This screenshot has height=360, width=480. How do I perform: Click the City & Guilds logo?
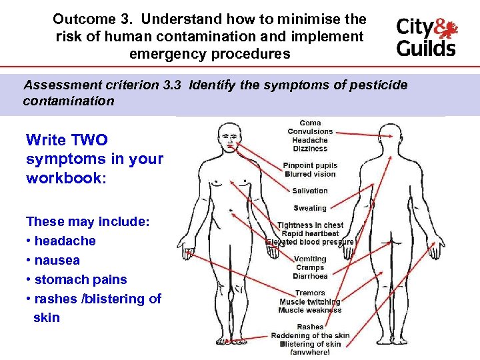(427, 37)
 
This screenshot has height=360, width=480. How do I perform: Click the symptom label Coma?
(310, 123)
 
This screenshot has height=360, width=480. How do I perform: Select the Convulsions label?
(310, 131)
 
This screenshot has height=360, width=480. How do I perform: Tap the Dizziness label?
(310, 149)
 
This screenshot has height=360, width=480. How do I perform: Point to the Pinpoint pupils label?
(310, 165)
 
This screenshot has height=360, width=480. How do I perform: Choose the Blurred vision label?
(310, 174)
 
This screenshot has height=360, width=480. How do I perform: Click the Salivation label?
(310, 191)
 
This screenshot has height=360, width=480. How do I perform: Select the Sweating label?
(310, 208)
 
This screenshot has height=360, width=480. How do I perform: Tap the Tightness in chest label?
(310, 225)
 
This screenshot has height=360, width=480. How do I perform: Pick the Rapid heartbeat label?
(310, 233)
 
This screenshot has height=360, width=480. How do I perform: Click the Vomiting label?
(310, 259)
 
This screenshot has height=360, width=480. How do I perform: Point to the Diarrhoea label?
(310, 276)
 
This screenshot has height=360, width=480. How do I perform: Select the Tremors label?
(310, 293)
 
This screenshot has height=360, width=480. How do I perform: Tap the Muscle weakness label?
(310, 310)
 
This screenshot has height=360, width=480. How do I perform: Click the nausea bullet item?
(57, 260)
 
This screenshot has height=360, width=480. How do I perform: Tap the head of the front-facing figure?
(230, 139)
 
